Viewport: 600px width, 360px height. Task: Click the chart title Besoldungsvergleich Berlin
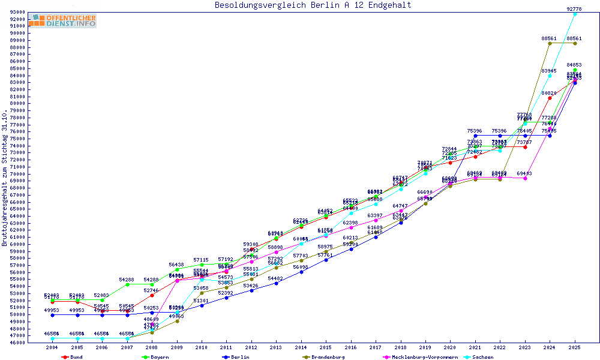pos(313,5)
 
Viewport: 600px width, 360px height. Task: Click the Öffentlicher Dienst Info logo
pos(62,20)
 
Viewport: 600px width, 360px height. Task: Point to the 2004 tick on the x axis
pos(53,347)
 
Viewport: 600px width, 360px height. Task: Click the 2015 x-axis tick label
pos(326,347)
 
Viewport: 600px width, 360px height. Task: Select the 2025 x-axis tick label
pos(575,347)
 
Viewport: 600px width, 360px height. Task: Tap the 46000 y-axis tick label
pos(17,343)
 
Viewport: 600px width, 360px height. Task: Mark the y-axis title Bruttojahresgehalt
pos(5,178)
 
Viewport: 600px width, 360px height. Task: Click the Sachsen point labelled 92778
pos(575,13)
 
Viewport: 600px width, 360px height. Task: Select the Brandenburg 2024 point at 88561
pos(550,43)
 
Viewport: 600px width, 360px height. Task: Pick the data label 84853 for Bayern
pos(574,65)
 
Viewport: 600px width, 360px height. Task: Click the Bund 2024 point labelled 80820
pos(550,98)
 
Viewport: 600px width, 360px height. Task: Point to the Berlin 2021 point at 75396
pos(475,136)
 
